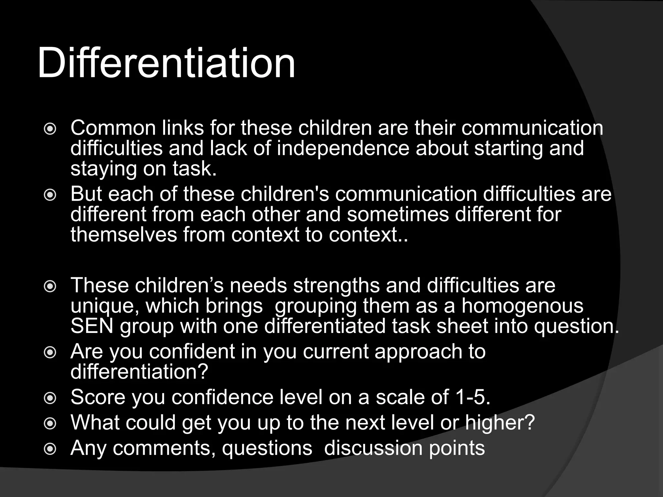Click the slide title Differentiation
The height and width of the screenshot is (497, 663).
[x=166, y=63]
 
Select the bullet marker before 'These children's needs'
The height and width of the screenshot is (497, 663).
[x=50, y=287]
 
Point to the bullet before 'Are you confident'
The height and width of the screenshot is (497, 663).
[x=50, y=353]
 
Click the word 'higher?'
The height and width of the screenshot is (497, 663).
[x=500, y=423]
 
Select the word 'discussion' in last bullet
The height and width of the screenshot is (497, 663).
[x=373, y=448]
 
